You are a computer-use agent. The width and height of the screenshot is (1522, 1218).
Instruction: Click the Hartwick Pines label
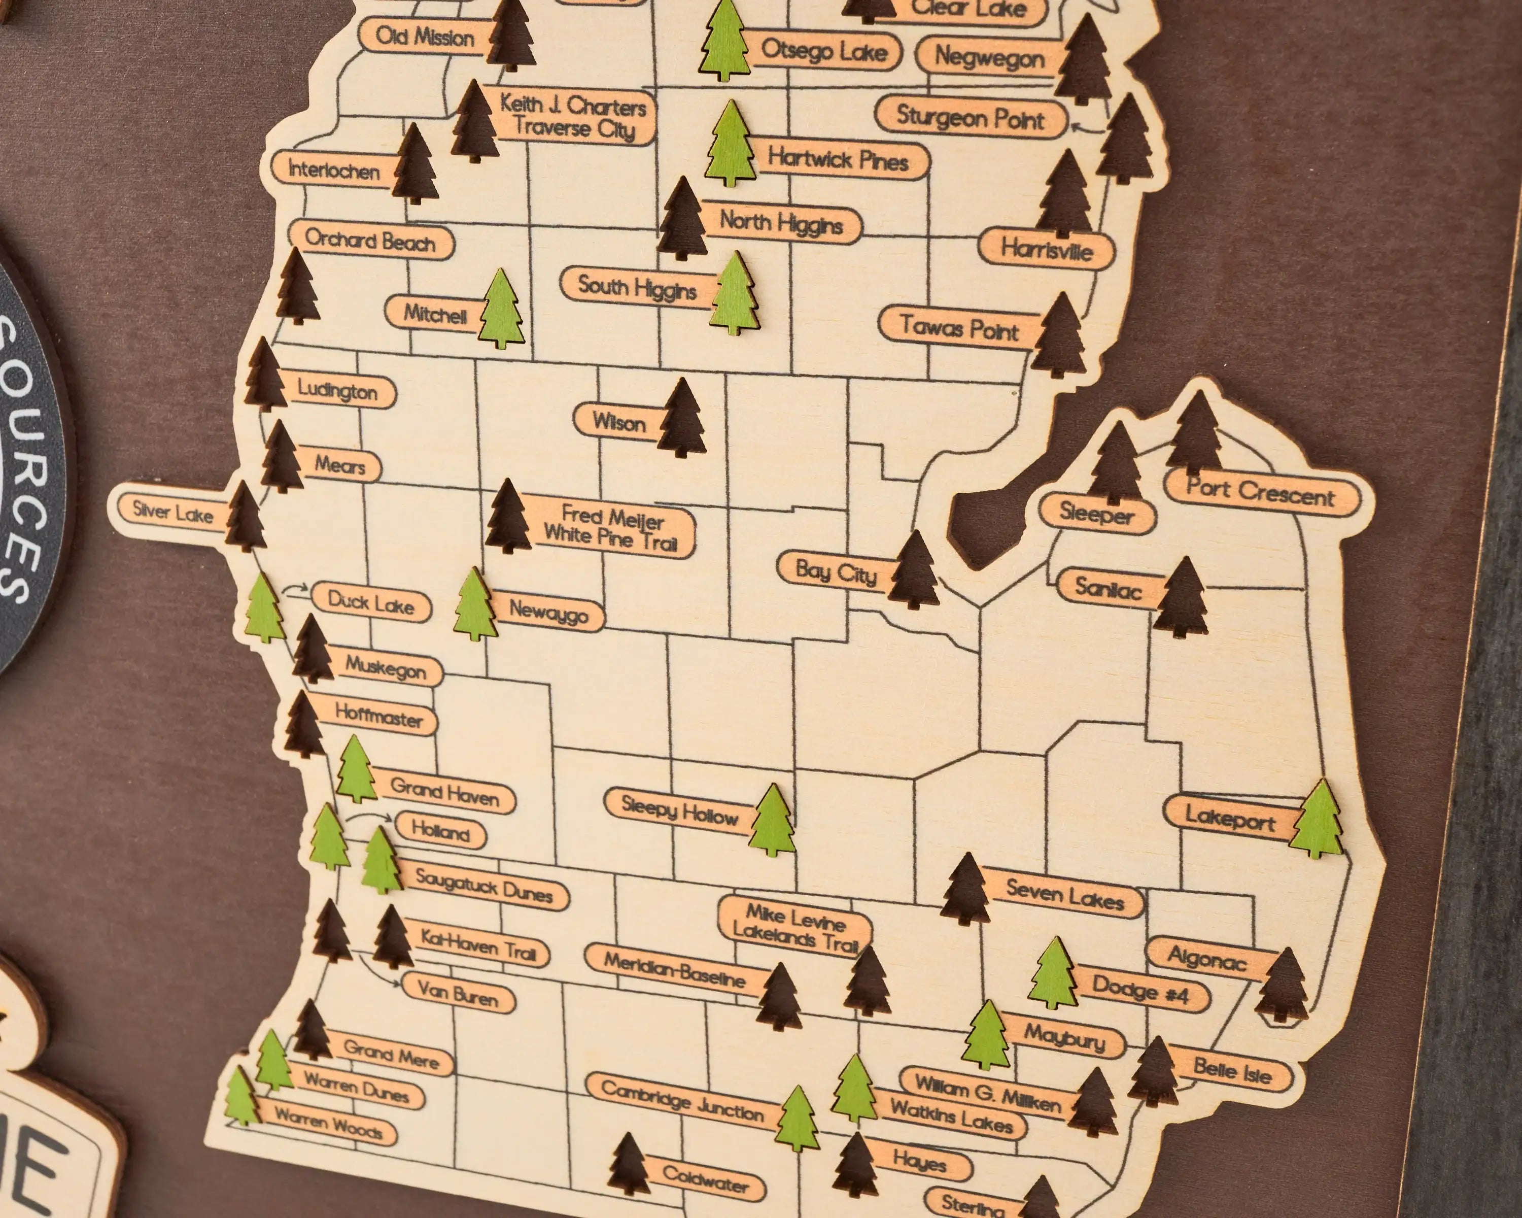(x=838, y=159)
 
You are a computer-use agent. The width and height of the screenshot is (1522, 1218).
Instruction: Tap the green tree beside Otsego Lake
(x=724, y=42)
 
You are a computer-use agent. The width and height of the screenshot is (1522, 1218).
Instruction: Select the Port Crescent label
(x=1261, y=493)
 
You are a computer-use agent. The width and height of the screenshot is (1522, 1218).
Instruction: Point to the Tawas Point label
(x=959, y=328)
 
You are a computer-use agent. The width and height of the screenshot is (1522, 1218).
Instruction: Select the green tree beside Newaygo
(x=475, y=606)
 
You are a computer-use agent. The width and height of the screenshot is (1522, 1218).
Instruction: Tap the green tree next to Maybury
(x=987, y=1036)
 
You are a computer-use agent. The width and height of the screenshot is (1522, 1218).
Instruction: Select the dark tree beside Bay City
(x=914, y=570)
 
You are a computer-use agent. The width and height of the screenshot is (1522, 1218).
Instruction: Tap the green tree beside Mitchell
(x=501, y=310)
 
